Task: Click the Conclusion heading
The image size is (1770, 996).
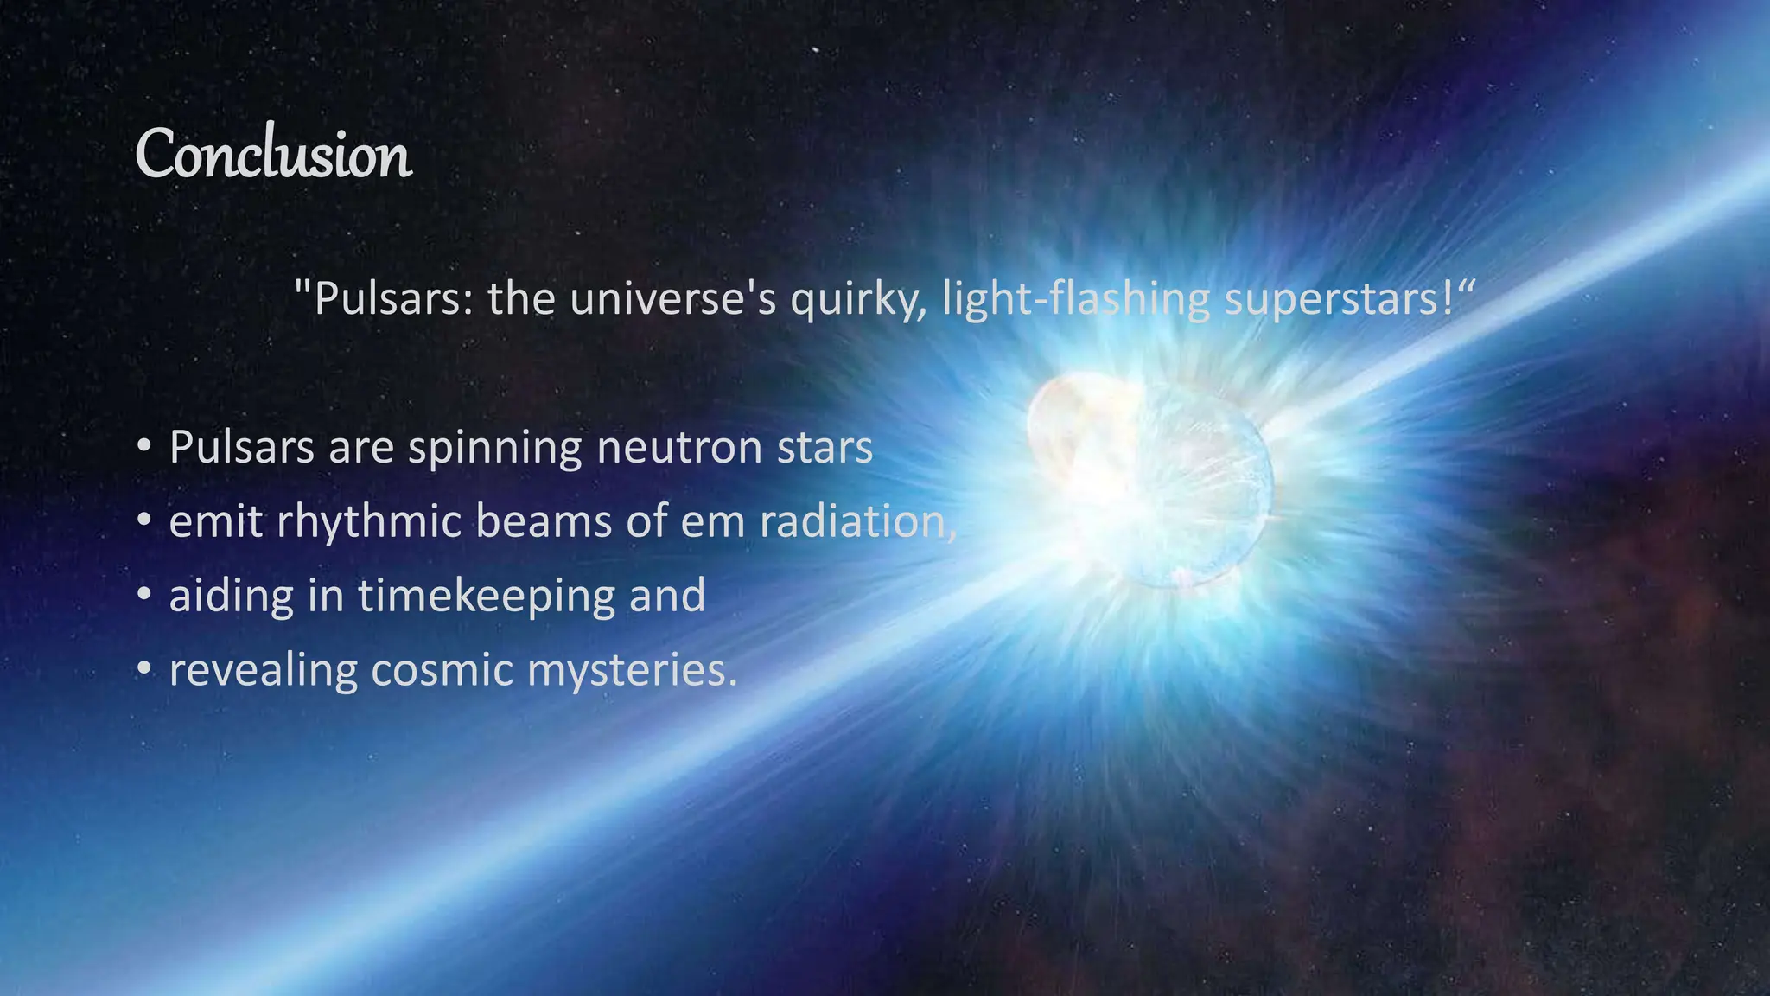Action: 273,155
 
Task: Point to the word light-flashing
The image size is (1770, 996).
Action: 1076,299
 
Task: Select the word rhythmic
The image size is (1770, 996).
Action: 369,522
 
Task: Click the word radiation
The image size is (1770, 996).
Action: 856,522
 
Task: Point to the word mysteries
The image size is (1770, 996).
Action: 632,671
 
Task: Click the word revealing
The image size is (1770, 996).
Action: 263,671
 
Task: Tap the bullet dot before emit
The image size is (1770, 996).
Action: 144,520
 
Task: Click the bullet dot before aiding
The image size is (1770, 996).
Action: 144,595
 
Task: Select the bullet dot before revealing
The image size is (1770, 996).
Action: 144,669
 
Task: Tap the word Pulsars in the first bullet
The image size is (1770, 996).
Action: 241,448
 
